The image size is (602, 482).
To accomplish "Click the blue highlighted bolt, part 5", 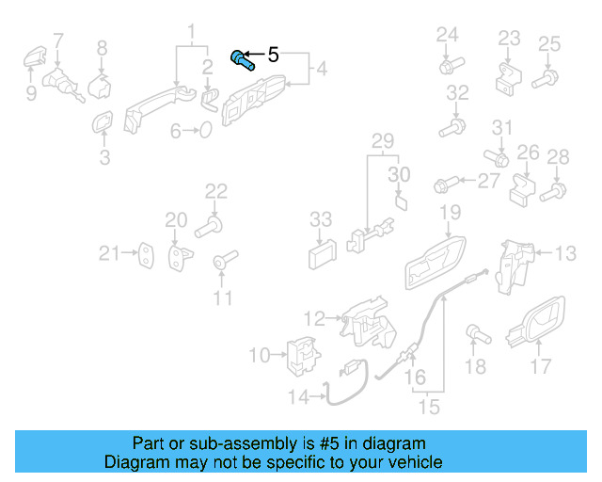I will click(243, 61).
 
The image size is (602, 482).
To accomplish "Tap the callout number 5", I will click(274, 56).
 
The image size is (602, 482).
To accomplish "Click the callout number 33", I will click(321, 219).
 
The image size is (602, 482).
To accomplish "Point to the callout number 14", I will click(298, 398).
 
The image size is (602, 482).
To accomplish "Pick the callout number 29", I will click(381, 142).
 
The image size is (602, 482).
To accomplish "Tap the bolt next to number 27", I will click(446, 182).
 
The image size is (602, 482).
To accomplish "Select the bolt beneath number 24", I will click(448, 66).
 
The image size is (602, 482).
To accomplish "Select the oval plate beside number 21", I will click(147, 253).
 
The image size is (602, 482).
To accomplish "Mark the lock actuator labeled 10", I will click(301, 355).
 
